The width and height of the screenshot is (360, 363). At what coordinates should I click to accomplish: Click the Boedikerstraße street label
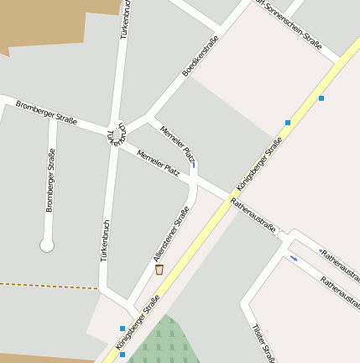pyautogui.click(x=201, y=56)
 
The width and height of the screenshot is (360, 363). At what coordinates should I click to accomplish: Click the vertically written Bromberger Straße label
pyautogui.click(x=50, y=180)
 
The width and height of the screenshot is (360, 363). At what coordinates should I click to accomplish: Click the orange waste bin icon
pyautogui.click(x=159, y=269)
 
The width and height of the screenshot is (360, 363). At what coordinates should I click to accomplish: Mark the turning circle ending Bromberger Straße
pyautogui.click(x=47, y=245)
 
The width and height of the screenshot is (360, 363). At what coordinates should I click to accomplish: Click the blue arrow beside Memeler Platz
pyautogui.click(x=194, y=164)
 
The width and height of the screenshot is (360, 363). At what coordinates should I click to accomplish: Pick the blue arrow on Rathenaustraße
pyautogui.click(x=294, y=258)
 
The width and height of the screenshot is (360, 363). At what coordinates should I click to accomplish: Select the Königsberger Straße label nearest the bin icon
pyautogui.click(x=138, y=327)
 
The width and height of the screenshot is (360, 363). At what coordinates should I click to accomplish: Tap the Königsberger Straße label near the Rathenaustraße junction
pyautogui.click(x=259, y=165)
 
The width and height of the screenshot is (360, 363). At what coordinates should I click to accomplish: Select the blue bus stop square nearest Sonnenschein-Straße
pyautogui.click(x=321, y=98)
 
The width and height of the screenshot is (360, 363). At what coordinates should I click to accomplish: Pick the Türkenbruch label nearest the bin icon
pyautogui.click(x=106, y=240)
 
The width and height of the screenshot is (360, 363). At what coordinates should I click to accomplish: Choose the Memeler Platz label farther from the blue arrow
pyautogui.click(x=158, y=163)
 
